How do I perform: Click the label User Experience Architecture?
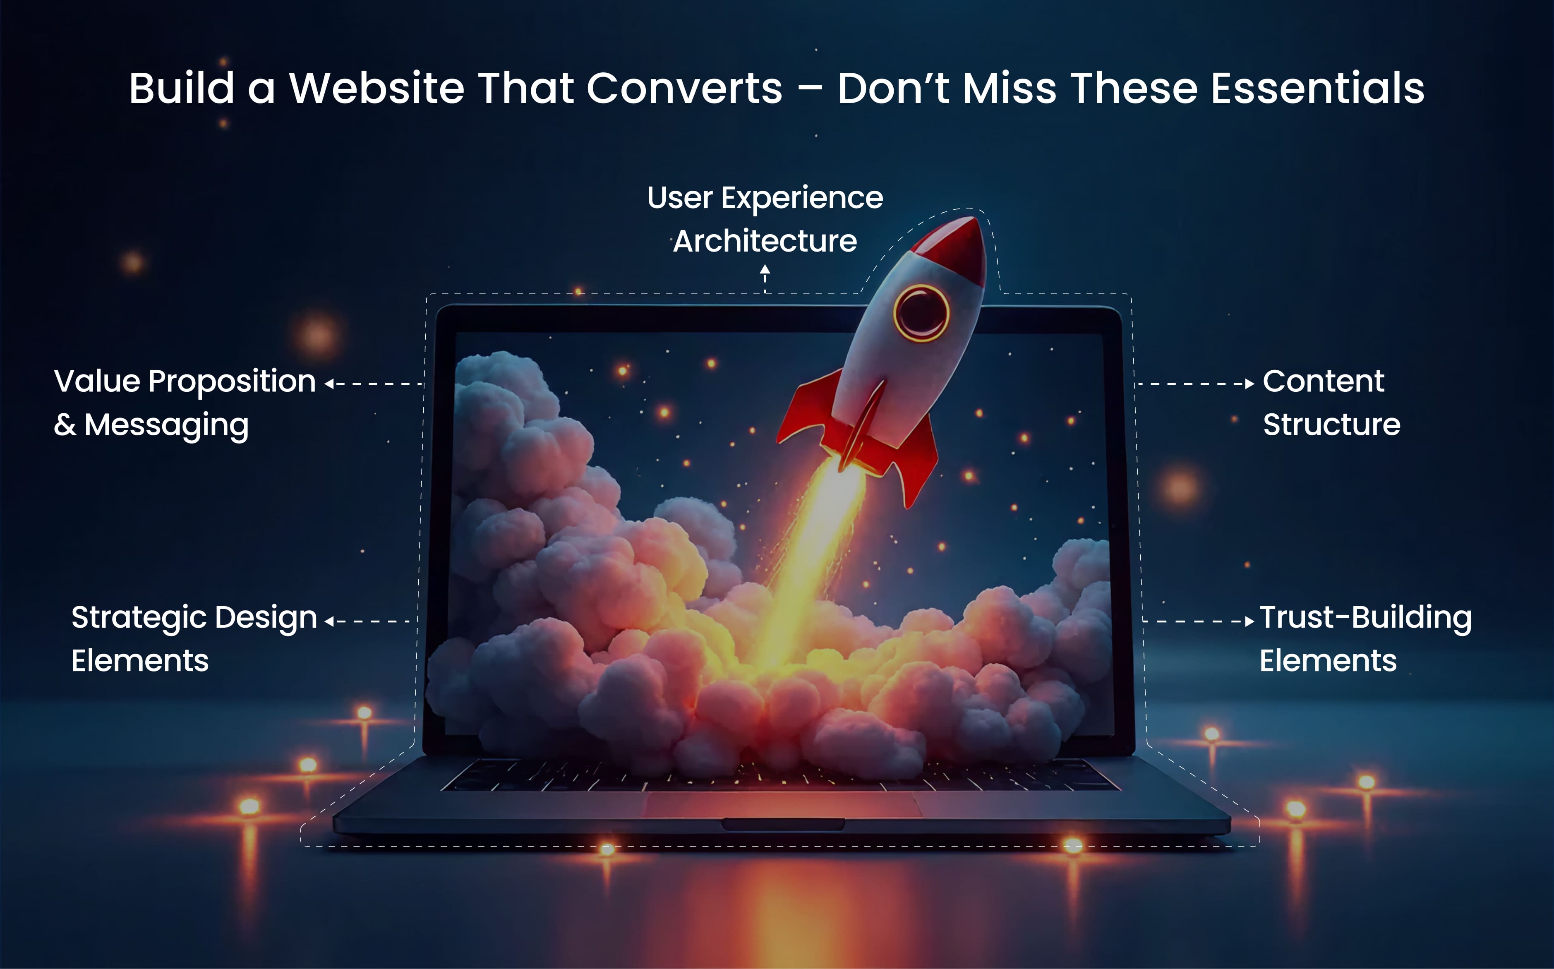pyautogui.click(x=765, y=219)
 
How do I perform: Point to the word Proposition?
pyautogui.click(x=232, y=382)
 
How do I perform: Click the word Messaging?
pyautogui.click(x=166, y=425)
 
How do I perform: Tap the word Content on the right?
pyautogui.click(x=1323, y=381)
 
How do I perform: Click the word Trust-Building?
pyautogui.click(x=1365, y=618)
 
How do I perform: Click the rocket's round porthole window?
pyautogui.click(x=921, y=313)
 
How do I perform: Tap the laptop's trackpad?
pyautogui.click(x=782, y=805)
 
